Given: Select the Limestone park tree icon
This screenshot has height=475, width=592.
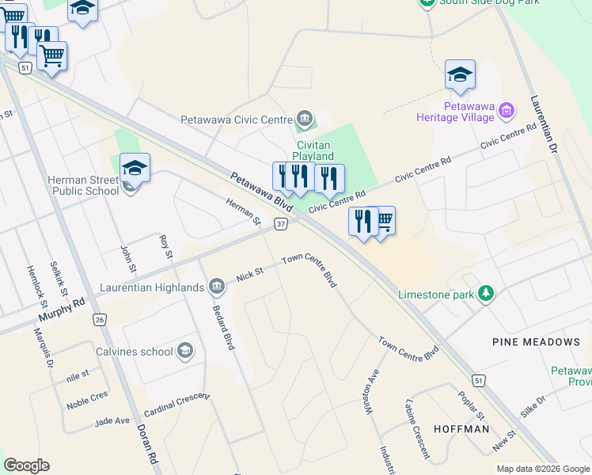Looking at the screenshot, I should click(485, 294).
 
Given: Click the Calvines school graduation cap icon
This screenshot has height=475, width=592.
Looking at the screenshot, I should click(185, 351).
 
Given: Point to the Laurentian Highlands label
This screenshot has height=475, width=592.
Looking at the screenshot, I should click(151, 287).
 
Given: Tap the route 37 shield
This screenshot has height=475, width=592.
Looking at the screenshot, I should click(281, 225).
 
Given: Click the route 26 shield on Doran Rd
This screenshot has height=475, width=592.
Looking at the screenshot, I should click(99, 319).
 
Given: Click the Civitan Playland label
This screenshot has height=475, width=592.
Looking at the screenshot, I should click(315, 150).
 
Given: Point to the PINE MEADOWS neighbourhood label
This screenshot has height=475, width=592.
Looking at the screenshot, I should click(535, 342).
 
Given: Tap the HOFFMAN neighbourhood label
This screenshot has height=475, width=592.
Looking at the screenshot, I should click(461, 429).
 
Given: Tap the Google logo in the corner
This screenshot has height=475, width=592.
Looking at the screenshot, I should click(26, 465).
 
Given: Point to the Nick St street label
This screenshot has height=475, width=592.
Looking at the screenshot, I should click(249, 275).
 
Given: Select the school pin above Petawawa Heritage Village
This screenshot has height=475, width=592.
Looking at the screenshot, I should click(460, 74).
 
